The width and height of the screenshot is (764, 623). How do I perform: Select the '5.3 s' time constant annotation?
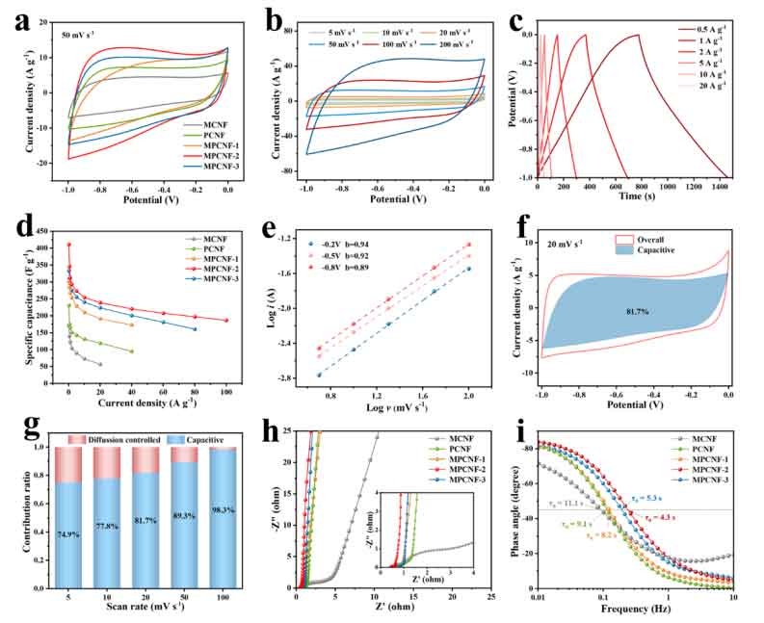pos(652,498)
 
